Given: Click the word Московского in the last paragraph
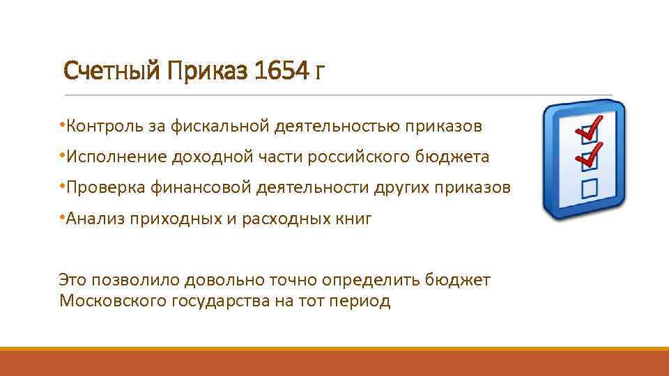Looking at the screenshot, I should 111,301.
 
